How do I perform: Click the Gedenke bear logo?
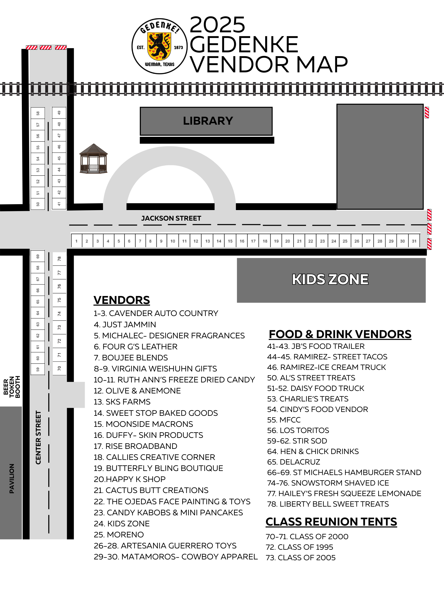(x=159, y=46)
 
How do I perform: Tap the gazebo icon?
(x=94, y=159)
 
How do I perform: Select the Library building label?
(x=208, y=121)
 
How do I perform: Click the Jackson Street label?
(x=171, y=218)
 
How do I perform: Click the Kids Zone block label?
(x=330, y=280)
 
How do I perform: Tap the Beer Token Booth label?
(x=12, y=387)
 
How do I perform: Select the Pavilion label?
(x=12, y=478)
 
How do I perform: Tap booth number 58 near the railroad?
(x=38, y=113)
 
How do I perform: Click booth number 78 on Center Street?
(x=59, y=259)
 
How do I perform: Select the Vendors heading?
(x=122, y=300)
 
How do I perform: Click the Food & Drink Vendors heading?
(x=340, y=334)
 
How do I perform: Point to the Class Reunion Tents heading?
(x=331, y=522)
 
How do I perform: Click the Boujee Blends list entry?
(x=131, y=358)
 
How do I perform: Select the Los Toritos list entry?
(x=298, y=430)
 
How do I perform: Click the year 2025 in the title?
(x=217, y=25)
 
